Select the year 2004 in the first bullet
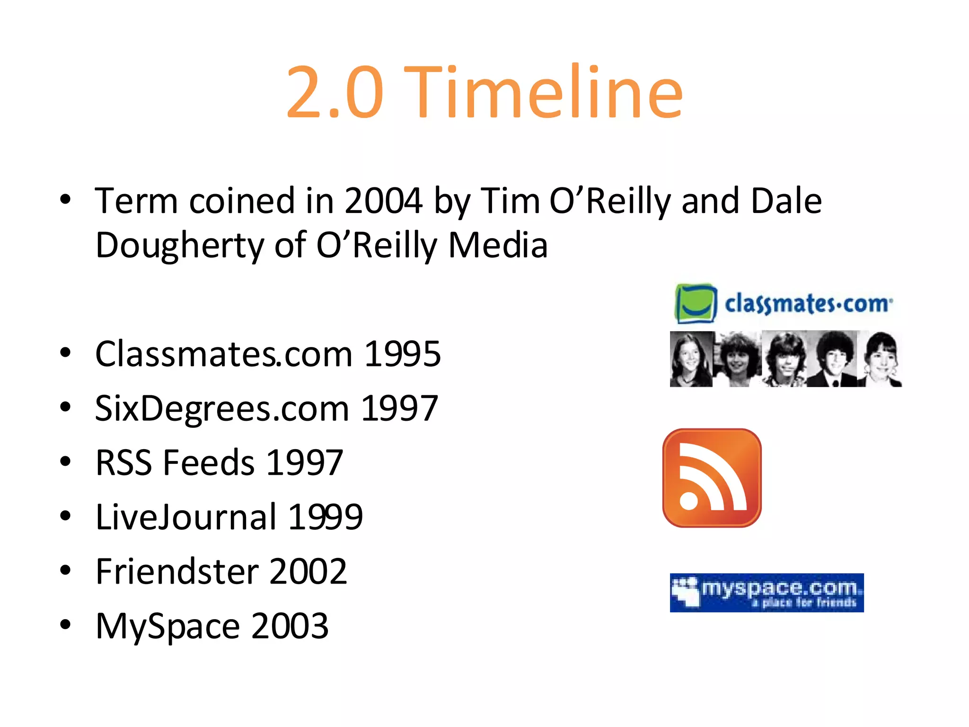click(x=383, y=201)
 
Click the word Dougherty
click(x=179, y=245)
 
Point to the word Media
click(x=498, y=245)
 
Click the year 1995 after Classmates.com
click(x=402, y=354)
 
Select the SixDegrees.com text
click(x=222, y=408)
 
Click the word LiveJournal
click(x=186, y=517)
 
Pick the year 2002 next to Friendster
click(x=308, y=571)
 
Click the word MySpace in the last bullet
click(x=167, y=626)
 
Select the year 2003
click(x=290, y=626)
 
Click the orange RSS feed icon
click(x=712, y=478)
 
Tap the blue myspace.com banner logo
click(x=766, y=593)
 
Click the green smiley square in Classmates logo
click(x=696, y=303)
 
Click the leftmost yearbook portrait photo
click(x=691, y=359)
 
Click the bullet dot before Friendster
click(x=65, y=570)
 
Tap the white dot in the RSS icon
click(x=689, y=501)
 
